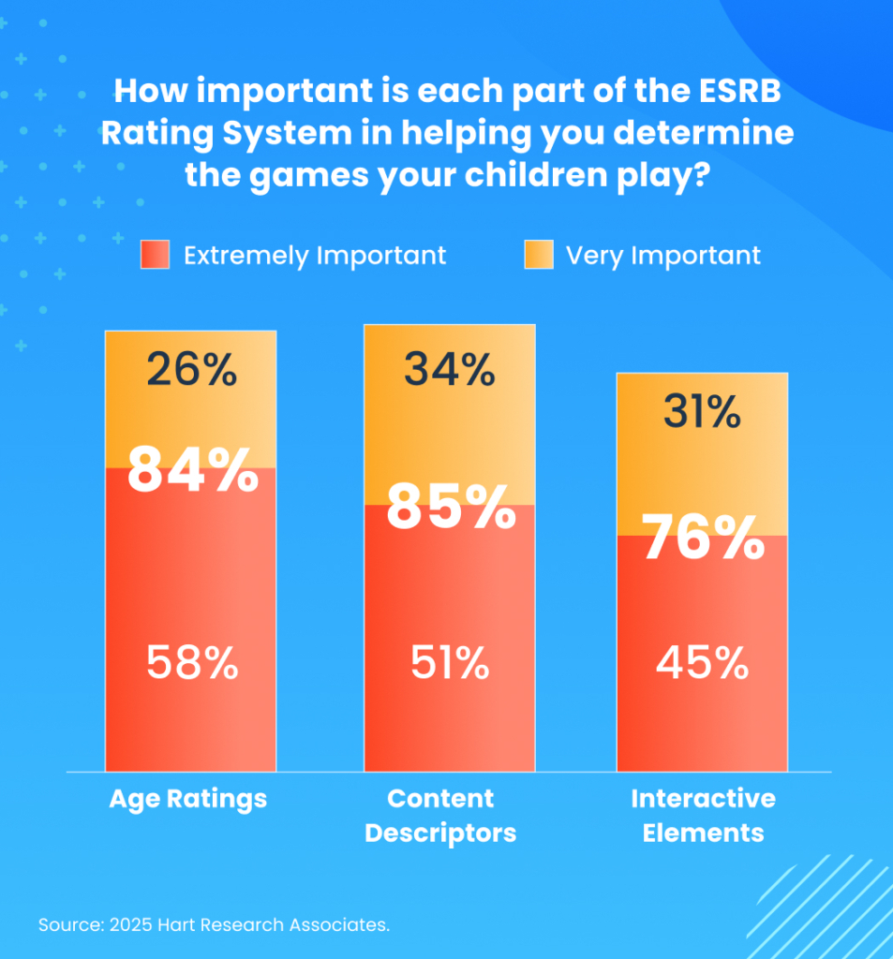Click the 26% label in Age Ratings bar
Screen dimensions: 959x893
191,371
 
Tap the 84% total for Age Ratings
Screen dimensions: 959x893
192,471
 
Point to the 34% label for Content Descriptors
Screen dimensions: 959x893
450,370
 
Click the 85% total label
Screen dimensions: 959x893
451,509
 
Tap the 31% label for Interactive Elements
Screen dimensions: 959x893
702,412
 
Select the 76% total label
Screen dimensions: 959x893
702,539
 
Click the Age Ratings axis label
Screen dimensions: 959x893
188,799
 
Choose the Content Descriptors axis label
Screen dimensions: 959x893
440,816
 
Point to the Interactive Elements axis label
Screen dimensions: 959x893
703,816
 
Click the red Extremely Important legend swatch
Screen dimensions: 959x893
155,255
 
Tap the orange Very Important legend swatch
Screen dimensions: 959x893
539,255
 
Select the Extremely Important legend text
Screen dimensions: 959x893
315,256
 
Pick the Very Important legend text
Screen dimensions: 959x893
662,256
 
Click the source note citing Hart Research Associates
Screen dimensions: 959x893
214,925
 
